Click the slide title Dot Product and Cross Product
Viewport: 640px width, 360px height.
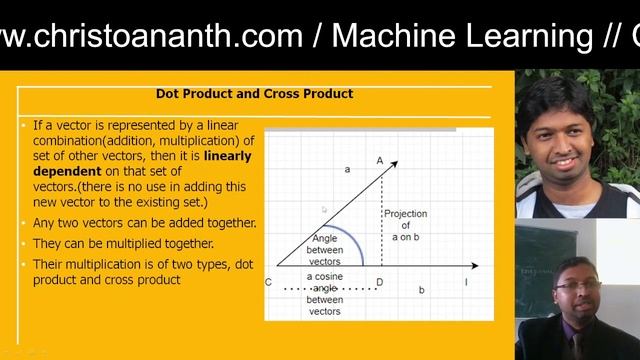point(254,94)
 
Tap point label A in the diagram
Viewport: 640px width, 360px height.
point(380,160)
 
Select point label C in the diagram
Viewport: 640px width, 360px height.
point(268,283)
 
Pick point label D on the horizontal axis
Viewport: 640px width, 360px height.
point(379,283)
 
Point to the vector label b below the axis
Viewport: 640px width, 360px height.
point(421,290)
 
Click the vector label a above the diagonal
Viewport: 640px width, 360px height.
point(347,170)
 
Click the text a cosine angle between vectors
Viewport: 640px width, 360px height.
point(324,293)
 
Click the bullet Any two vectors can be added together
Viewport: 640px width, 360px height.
point(144,222)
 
